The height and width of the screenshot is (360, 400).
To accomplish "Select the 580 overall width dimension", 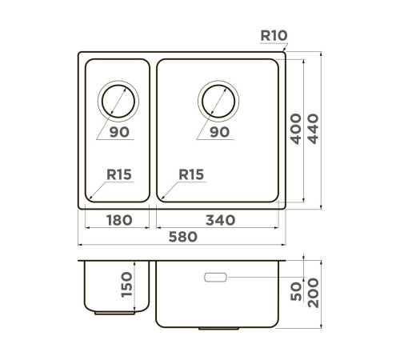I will point(184,238).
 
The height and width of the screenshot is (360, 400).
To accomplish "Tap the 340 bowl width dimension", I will point(220,219).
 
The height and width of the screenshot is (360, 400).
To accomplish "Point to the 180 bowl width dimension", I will point(117,219).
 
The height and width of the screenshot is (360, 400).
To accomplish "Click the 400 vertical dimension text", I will point(296,128).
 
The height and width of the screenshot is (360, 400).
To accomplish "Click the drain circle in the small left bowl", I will point(117,102).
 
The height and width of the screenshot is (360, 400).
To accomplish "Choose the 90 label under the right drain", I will point(218,132).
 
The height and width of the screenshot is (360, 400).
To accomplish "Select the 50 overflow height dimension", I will point(296,294).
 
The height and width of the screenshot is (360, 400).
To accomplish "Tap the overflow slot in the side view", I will point(216,278).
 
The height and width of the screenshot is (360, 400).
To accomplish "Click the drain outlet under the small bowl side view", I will point(106,314).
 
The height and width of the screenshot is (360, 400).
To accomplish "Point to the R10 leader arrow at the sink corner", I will point(284,51).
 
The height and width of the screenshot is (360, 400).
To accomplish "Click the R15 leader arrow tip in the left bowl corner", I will point(90,197).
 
